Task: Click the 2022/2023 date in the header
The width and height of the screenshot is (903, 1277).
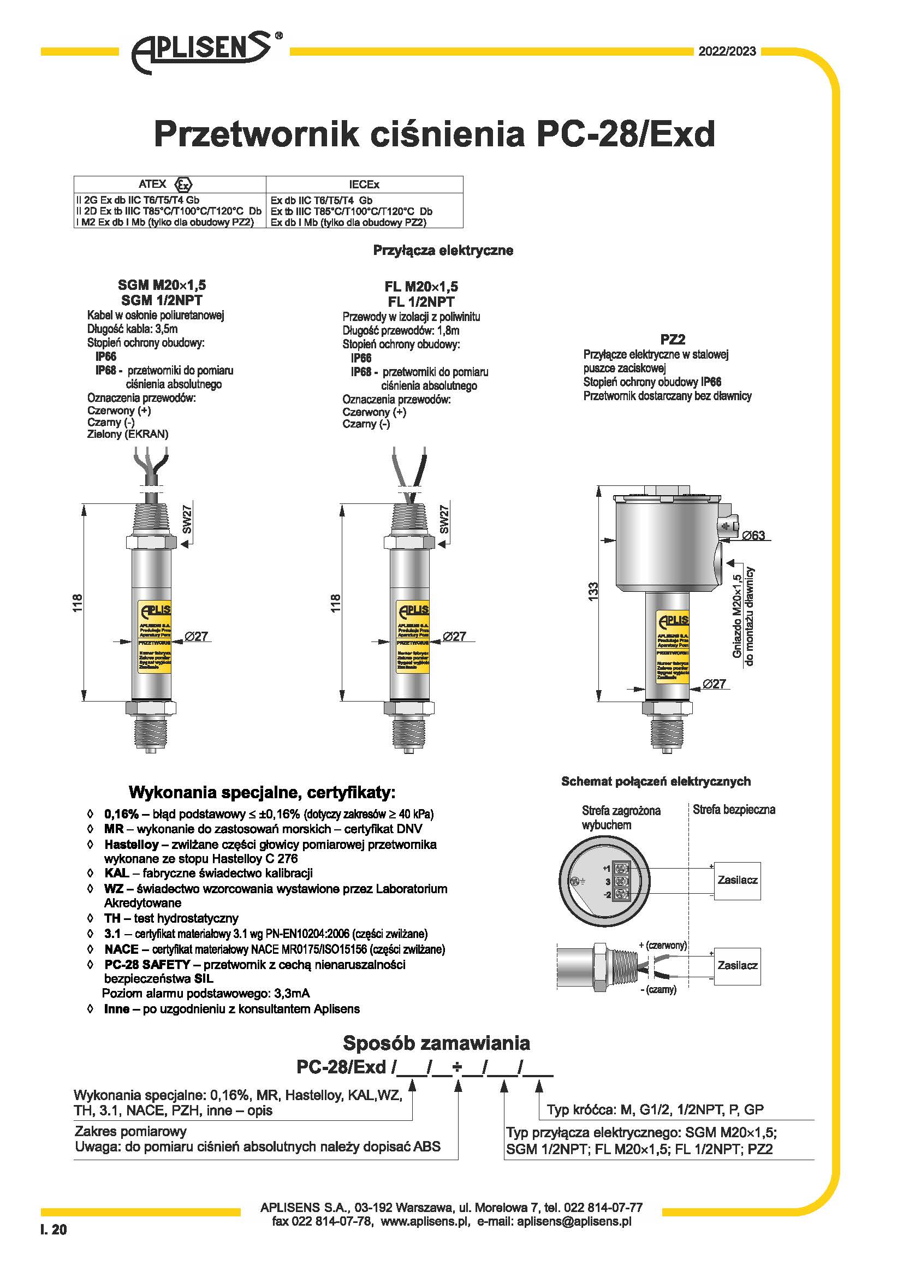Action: pos(727,51)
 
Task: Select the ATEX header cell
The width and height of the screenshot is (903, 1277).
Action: pos(170,184)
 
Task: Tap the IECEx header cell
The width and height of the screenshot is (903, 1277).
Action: pos(364,185)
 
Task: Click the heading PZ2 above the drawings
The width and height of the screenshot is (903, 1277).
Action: pos(672,338)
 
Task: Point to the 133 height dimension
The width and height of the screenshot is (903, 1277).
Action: pos(593,590)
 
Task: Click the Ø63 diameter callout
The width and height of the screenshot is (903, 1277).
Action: pos(753,536)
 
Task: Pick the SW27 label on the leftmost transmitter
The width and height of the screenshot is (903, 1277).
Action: pos(187,518)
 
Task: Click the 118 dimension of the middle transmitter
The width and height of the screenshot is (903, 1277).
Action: pos(335,603)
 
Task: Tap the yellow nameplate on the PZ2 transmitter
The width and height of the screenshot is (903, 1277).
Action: pos(673,648)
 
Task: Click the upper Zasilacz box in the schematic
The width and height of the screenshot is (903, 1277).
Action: pos(737,880)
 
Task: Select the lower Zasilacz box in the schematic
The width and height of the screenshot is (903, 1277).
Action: pos(737,965)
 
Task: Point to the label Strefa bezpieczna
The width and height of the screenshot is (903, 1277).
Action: pos(733,810)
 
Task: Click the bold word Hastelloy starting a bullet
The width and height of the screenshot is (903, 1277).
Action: pos(131,844)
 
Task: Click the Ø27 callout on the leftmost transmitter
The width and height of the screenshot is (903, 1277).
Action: pos(197,636)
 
